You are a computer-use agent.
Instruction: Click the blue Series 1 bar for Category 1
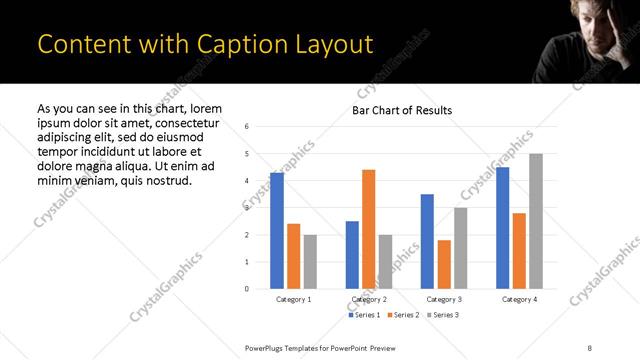pyautogui.click(x=277, y=231)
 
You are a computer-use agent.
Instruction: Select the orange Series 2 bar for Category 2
pyautogui.click(x=368, y=229)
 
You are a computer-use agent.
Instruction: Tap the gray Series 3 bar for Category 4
pyautogui.click(x=536, y=221)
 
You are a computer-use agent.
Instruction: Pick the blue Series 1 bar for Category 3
pyautogui.click(x=427, y=241)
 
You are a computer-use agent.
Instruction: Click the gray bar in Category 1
pyautogui.click(x=310, y=262)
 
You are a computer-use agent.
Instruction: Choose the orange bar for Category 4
pyautogui.click(x=519, y=251)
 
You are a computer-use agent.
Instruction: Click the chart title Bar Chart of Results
pyautogui.click(x=402, y=110)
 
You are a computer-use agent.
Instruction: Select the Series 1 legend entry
pyautogui.click(x=363, y=316)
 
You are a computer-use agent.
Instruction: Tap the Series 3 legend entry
pyautogui.click(x=443, y=316)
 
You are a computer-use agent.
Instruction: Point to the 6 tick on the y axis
pyautogui.click(x=246, y=126)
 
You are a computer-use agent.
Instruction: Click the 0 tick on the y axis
pyautogui.click(x=246, y=289)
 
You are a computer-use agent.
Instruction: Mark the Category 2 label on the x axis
pyautogui.click(x=368, y=299)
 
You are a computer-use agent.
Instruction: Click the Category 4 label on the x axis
pyautogui.click(x=519, y=299)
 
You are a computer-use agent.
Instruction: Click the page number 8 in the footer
pyautogui.click(x=589, y=346)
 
